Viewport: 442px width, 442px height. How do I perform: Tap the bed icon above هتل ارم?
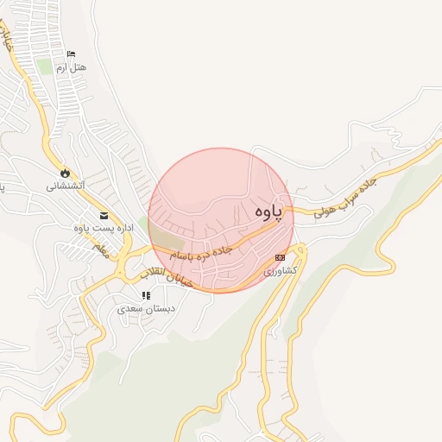coord(71,55)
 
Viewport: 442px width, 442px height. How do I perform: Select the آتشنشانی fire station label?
coord(65,186)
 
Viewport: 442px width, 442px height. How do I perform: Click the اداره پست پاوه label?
coord(102,228)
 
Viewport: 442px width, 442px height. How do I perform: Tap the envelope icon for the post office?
coord(104,216)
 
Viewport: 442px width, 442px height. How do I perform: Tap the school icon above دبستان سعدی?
coord(145,295)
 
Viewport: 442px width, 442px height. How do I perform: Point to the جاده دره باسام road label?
coord(201,250)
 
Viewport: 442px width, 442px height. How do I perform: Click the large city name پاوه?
coord(269,213)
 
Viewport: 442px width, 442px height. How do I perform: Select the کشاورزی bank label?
coord(281,270)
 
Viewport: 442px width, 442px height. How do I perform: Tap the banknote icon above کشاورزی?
coord(280,257)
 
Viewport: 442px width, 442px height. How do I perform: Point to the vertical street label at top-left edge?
coord(7,39)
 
